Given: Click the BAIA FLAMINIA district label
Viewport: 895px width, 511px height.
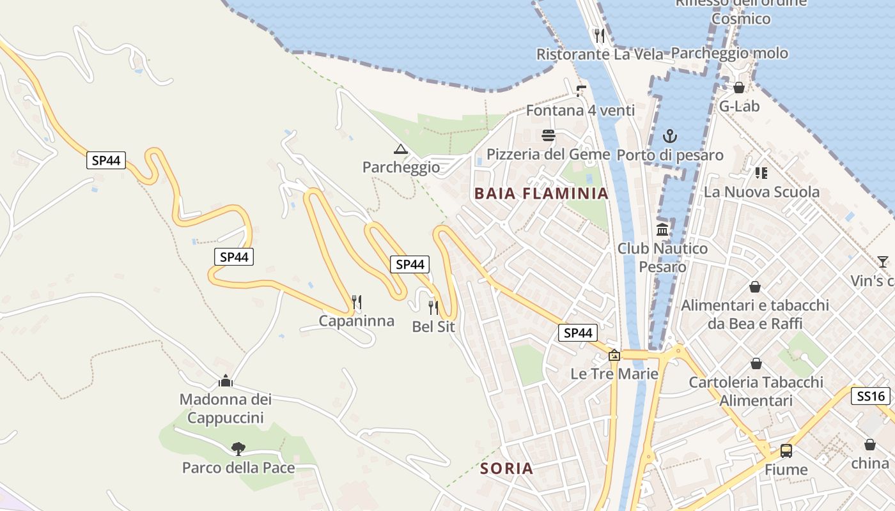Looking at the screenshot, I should point(541,194).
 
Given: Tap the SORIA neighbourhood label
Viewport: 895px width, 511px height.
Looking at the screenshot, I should point(506,468).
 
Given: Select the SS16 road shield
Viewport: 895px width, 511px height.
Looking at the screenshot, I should point(871,396).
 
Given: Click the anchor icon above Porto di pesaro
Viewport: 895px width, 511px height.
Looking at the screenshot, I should point(669,136).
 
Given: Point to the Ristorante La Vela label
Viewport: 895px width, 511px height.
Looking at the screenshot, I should point(600,54).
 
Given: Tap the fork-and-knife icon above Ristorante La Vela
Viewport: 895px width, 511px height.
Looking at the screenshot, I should point(599,35).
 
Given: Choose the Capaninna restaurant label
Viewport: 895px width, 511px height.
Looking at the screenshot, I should point(356,321).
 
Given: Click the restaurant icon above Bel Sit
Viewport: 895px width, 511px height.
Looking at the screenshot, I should point(433,308).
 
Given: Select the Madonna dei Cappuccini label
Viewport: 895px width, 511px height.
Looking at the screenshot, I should point(225,409).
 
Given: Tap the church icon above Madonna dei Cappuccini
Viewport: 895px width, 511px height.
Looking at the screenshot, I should point(225,381).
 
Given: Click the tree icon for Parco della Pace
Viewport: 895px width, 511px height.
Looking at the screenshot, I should point(238,449).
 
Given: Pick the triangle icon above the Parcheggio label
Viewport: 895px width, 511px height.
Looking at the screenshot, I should point(401,149).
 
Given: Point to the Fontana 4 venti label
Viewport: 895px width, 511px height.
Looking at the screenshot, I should point(580,111).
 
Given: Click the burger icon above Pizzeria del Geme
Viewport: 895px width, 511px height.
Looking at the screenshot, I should point(549,135).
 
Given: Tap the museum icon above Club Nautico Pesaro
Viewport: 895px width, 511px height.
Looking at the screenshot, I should point(662,229).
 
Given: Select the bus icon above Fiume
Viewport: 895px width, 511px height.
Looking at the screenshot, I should point(786,450).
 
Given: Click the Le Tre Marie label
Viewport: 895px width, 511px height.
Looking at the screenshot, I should point(614,374).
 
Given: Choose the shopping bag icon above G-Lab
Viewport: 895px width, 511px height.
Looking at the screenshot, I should point(739,88).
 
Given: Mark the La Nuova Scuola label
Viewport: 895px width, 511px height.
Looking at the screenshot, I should point(761,192).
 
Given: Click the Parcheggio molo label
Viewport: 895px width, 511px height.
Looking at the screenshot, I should point(729,54).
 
